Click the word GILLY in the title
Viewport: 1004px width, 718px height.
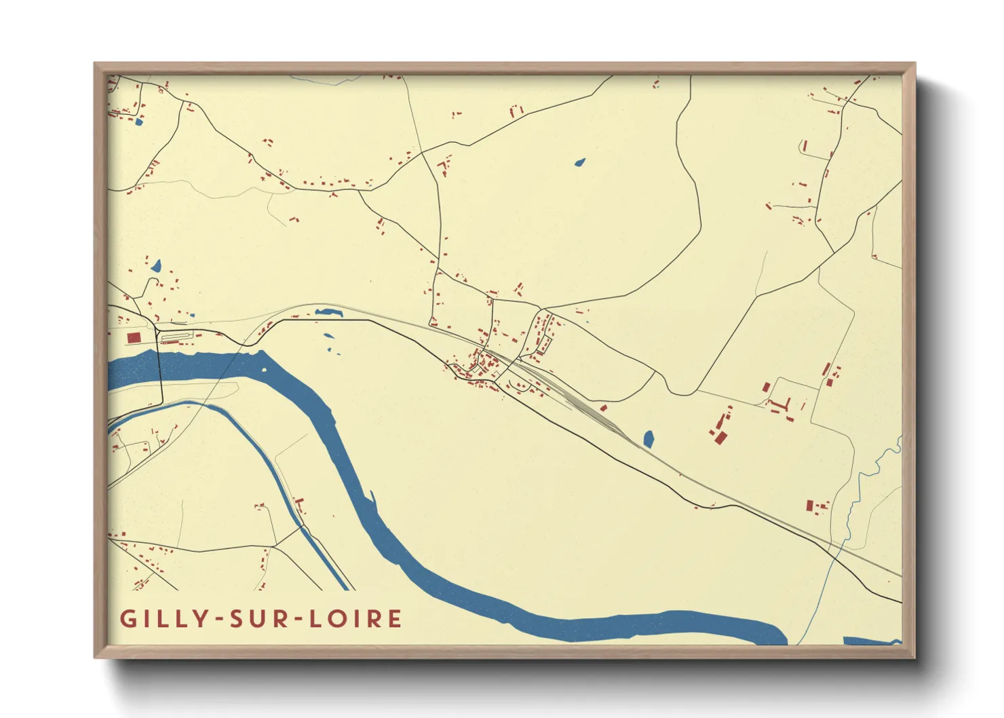tap(163, 619)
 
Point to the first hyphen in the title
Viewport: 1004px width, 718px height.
tap(219, 620)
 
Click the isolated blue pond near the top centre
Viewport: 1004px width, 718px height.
tap(579, 162)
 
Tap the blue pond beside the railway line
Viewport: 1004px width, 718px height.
tap(648, 439)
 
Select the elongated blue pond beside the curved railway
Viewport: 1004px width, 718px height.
tap(329, 312)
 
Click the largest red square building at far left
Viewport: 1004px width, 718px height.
tap(134, 337)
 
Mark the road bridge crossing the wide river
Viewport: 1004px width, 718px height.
tap(160, 373)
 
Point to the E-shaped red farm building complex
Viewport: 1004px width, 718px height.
tap(779, 405)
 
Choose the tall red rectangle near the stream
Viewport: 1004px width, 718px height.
tap(809, 506)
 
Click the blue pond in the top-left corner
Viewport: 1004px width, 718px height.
tap(139, 122)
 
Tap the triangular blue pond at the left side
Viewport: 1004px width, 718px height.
tap(156, 265)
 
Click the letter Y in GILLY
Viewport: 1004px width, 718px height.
tap(201, 619)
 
